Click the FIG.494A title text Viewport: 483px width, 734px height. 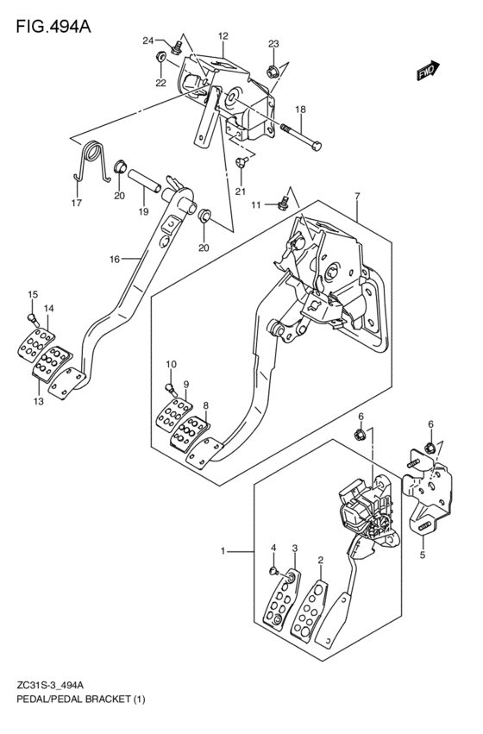pos(53,27)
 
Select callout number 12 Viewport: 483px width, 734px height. pos(223,35)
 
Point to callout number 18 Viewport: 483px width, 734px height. pos(300,110)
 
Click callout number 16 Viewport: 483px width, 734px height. pos(115,259)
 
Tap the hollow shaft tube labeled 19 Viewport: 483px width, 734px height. pos(144,180)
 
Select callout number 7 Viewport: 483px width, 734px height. pos(357,196)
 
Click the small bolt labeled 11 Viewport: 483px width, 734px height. pos(284,204)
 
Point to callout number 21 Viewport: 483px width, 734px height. pos(241,191)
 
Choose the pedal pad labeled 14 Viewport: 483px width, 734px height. pos(35,345)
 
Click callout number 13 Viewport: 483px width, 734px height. pos(38,401)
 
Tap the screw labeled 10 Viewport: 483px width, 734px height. pos(171,388)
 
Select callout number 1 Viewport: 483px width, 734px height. pos(223,551)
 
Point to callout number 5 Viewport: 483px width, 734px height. pos(422,555)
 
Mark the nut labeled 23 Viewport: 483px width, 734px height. pos(273,72)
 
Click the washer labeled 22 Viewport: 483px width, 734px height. pos(160,58)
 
